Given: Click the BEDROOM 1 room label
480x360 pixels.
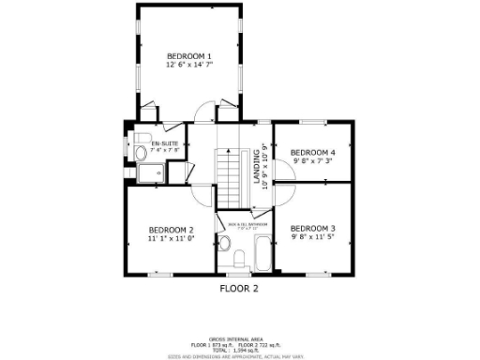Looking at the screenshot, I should click(x=188, y=55).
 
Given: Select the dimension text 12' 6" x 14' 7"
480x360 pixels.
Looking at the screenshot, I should click(x=188, y=65).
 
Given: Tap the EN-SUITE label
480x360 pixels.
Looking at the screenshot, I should click(x=152, y=143).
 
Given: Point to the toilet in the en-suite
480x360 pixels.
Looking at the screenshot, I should click(x=140, y=154).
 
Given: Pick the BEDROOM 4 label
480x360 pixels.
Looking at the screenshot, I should click(x=312, y=152).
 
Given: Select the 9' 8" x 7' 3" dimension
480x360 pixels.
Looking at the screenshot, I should click(x=312, y=160).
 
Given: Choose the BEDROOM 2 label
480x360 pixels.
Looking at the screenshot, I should click(x=171, y=231).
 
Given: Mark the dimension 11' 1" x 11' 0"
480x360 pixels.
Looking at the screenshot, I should click(x=171, y=240).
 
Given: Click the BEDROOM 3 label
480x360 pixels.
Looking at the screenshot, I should click(x=312, y=229).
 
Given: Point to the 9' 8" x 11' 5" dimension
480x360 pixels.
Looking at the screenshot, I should click(x=312, y=238).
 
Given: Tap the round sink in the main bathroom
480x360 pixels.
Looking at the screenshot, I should click(x=225, y=243).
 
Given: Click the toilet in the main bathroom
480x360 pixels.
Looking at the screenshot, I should click(x=239, y=260).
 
